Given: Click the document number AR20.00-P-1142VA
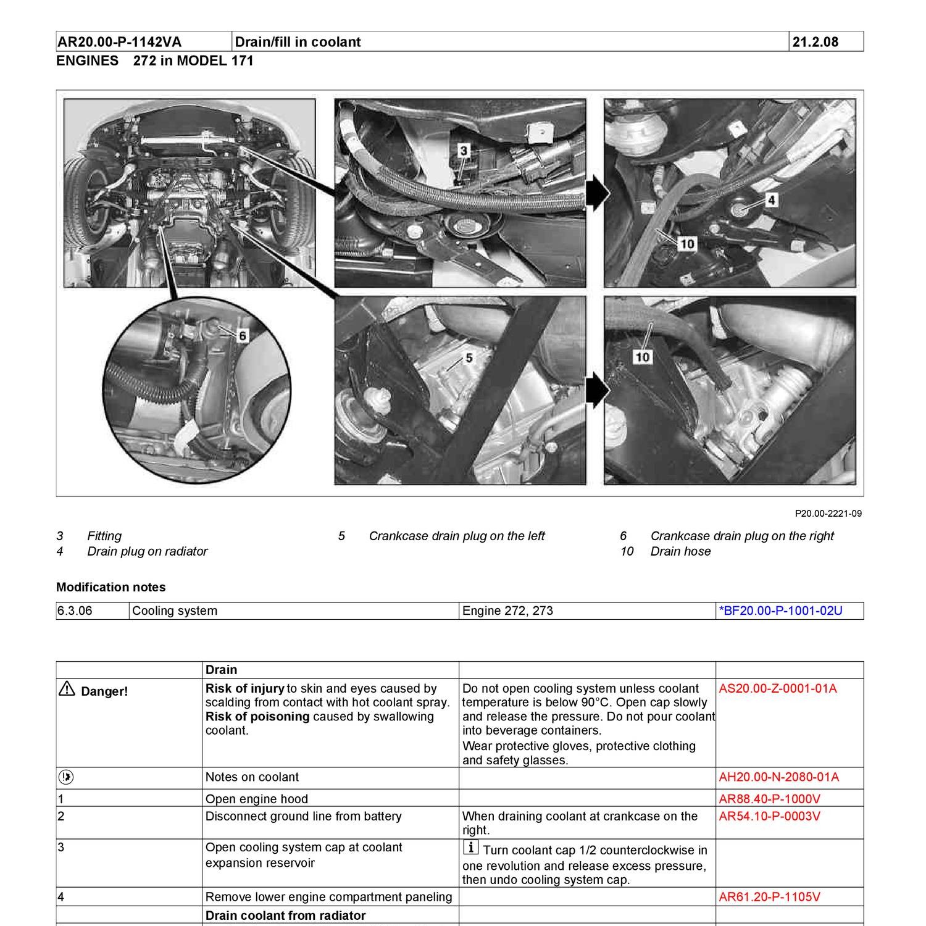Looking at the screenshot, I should pos(119,42).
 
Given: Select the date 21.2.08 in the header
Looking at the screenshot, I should pos(815,42).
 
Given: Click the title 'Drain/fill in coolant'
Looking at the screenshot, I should pos(298,42).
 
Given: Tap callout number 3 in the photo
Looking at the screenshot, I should pos(464,150).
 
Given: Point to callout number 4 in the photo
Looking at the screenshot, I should pos(771,199).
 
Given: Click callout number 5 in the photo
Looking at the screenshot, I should pos(469,358).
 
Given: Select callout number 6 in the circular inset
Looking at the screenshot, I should pos(242,335).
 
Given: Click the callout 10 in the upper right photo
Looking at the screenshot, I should pos(686,244).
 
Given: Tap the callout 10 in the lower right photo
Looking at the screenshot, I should pos(642,356).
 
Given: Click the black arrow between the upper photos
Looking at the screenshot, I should pos(596,193).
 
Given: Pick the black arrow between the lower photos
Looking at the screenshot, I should pos(596,390).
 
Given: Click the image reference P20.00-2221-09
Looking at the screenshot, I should pos(828,514).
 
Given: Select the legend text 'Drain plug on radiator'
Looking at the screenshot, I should pos(147,551).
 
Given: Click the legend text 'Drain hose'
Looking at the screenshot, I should pos(680,551).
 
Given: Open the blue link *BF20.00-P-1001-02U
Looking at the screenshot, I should pos(780,611).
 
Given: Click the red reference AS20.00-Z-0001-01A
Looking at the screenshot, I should pos(778,688).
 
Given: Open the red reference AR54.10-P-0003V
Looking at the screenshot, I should pos(769,816).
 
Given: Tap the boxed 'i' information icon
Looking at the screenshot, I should pos(470,848).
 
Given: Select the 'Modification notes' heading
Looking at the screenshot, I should pos(111,587).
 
